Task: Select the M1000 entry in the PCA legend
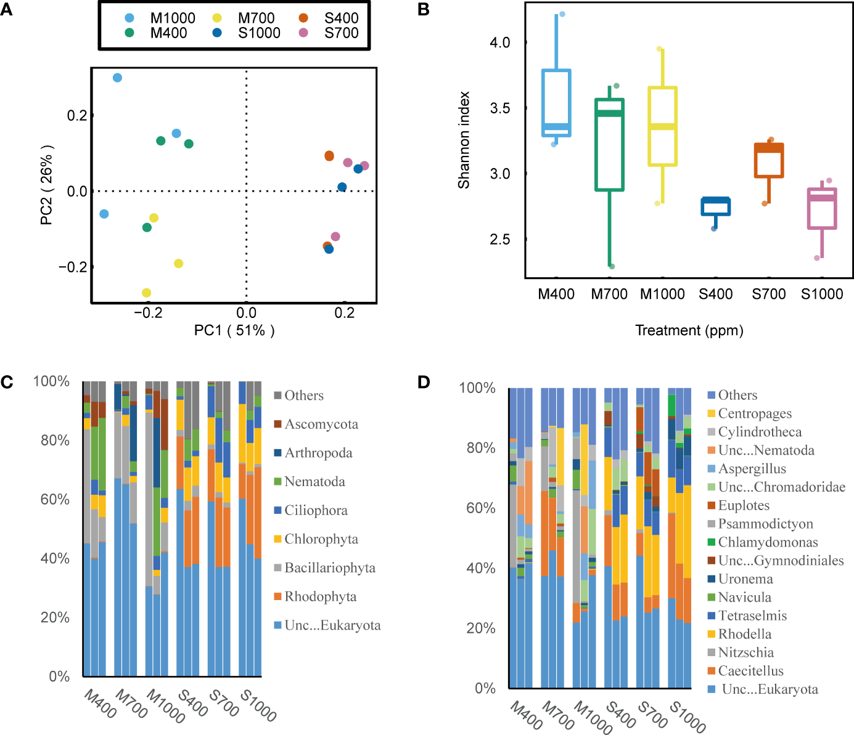tap(172, 18)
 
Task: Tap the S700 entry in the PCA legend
tap(341, 33)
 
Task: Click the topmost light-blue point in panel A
tap(117, 78)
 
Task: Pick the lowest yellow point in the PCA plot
tap(146, 293)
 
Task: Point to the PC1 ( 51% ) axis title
tap(234, 331)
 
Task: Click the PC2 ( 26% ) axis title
tap(47, 185)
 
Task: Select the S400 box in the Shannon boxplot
tap(715, 206)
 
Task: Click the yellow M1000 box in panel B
tap(663, 126)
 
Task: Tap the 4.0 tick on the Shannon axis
tap(500, 43)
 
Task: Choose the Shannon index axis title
tap(464, 140)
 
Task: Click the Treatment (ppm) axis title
tap(689, 331)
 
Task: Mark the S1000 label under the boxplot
tap(822, 294)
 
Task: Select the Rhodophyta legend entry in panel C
tap(320, 596)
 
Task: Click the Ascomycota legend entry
tap(321, 424)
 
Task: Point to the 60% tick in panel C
tap(55, 499)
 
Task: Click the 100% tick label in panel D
tap(477, 388)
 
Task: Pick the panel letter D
tap(424, 382)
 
